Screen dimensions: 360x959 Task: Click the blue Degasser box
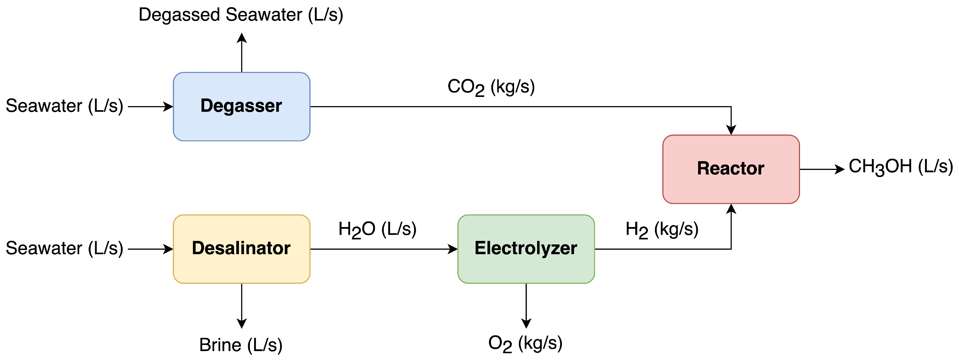point(241,106)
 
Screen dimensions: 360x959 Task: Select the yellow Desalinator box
point(241,249)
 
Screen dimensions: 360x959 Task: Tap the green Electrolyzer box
point(526,249)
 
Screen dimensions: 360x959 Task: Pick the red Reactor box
point(731,169)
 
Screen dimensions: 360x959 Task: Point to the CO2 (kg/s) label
point(491,87)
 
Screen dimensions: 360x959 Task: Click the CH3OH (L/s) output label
point(901,167)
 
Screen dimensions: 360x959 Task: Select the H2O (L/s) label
point(377,229)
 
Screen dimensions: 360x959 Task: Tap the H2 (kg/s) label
point(661,229)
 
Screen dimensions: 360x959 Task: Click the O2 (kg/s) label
point(525,343)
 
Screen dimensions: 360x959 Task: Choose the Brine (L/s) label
point(241,345)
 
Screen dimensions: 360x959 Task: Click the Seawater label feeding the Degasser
point(64,106)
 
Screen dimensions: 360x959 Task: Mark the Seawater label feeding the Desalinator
point(64,248)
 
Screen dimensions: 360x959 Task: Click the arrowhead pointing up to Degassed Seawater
point(242,38)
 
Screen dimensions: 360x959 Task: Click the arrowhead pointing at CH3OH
point(840,169)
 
